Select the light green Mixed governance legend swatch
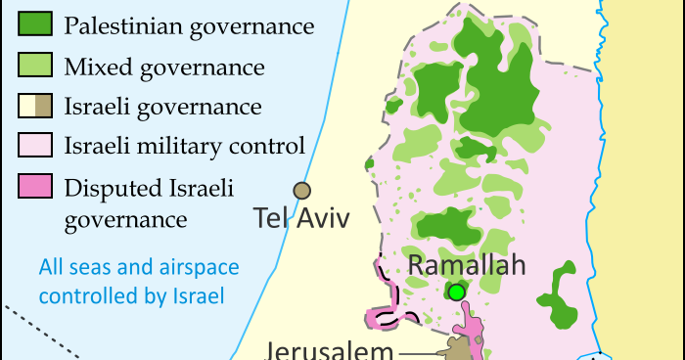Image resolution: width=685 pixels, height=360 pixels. click(36, 67)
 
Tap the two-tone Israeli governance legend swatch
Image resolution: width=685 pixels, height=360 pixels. click(36, 107)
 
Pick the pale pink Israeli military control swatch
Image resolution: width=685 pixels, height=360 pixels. click(36, 147)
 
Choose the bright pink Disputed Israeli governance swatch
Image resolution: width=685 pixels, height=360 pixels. click(36, 187)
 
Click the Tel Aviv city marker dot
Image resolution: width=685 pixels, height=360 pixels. click(301, 190)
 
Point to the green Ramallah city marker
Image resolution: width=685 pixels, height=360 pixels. click(456, 292)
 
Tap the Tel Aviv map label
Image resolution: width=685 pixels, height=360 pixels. click(300, 217)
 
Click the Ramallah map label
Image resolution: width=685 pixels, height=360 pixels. click(467, 265)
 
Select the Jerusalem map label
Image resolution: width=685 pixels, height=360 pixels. click(330, 350)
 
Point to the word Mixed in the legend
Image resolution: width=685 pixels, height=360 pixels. click(93, 67)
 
